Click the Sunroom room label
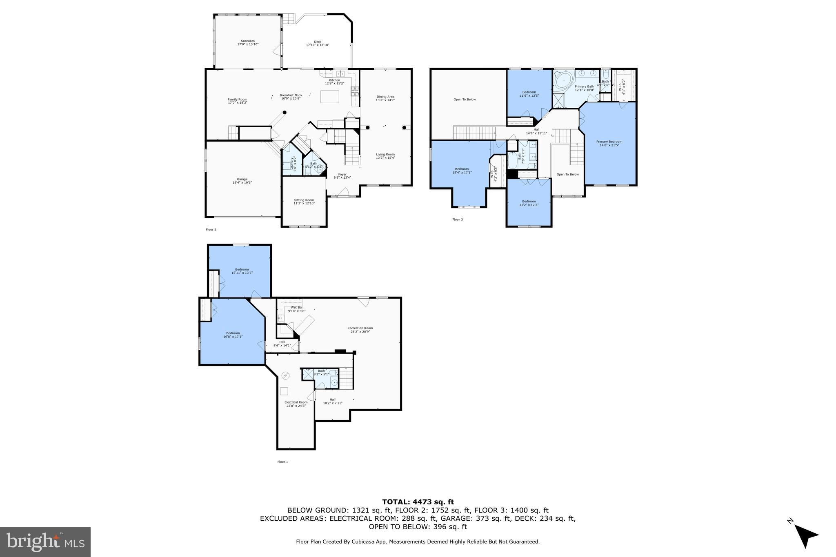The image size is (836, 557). (x=248, y=42)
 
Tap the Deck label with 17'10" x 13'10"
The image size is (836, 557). (x=318, y=43)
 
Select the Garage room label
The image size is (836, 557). (x=242, y=181)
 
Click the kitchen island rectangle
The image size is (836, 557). (x=329, y=97)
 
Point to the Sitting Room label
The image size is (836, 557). (x=304, y=201)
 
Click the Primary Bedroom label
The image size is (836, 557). (x=609, y=143)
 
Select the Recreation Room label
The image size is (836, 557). (x=360, y=330)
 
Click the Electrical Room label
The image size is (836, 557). (x=296, y=404)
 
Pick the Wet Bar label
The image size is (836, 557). (x=297, y=309)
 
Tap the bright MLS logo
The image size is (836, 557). (x=45, y=541)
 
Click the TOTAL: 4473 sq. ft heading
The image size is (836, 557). (x=418, y=502)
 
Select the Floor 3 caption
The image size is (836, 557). (x=458, y=220)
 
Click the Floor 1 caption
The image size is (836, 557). (x=282, y=462)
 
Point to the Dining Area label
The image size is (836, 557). (x=385, y=98)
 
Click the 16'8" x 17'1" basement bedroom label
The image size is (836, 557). (x=233, y=335)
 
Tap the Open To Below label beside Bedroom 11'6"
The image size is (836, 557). (x=465, y=100)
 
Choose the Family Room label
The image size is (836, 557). (x=237, y=101)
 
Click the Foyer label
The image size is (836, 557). (x=342, y=176)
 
